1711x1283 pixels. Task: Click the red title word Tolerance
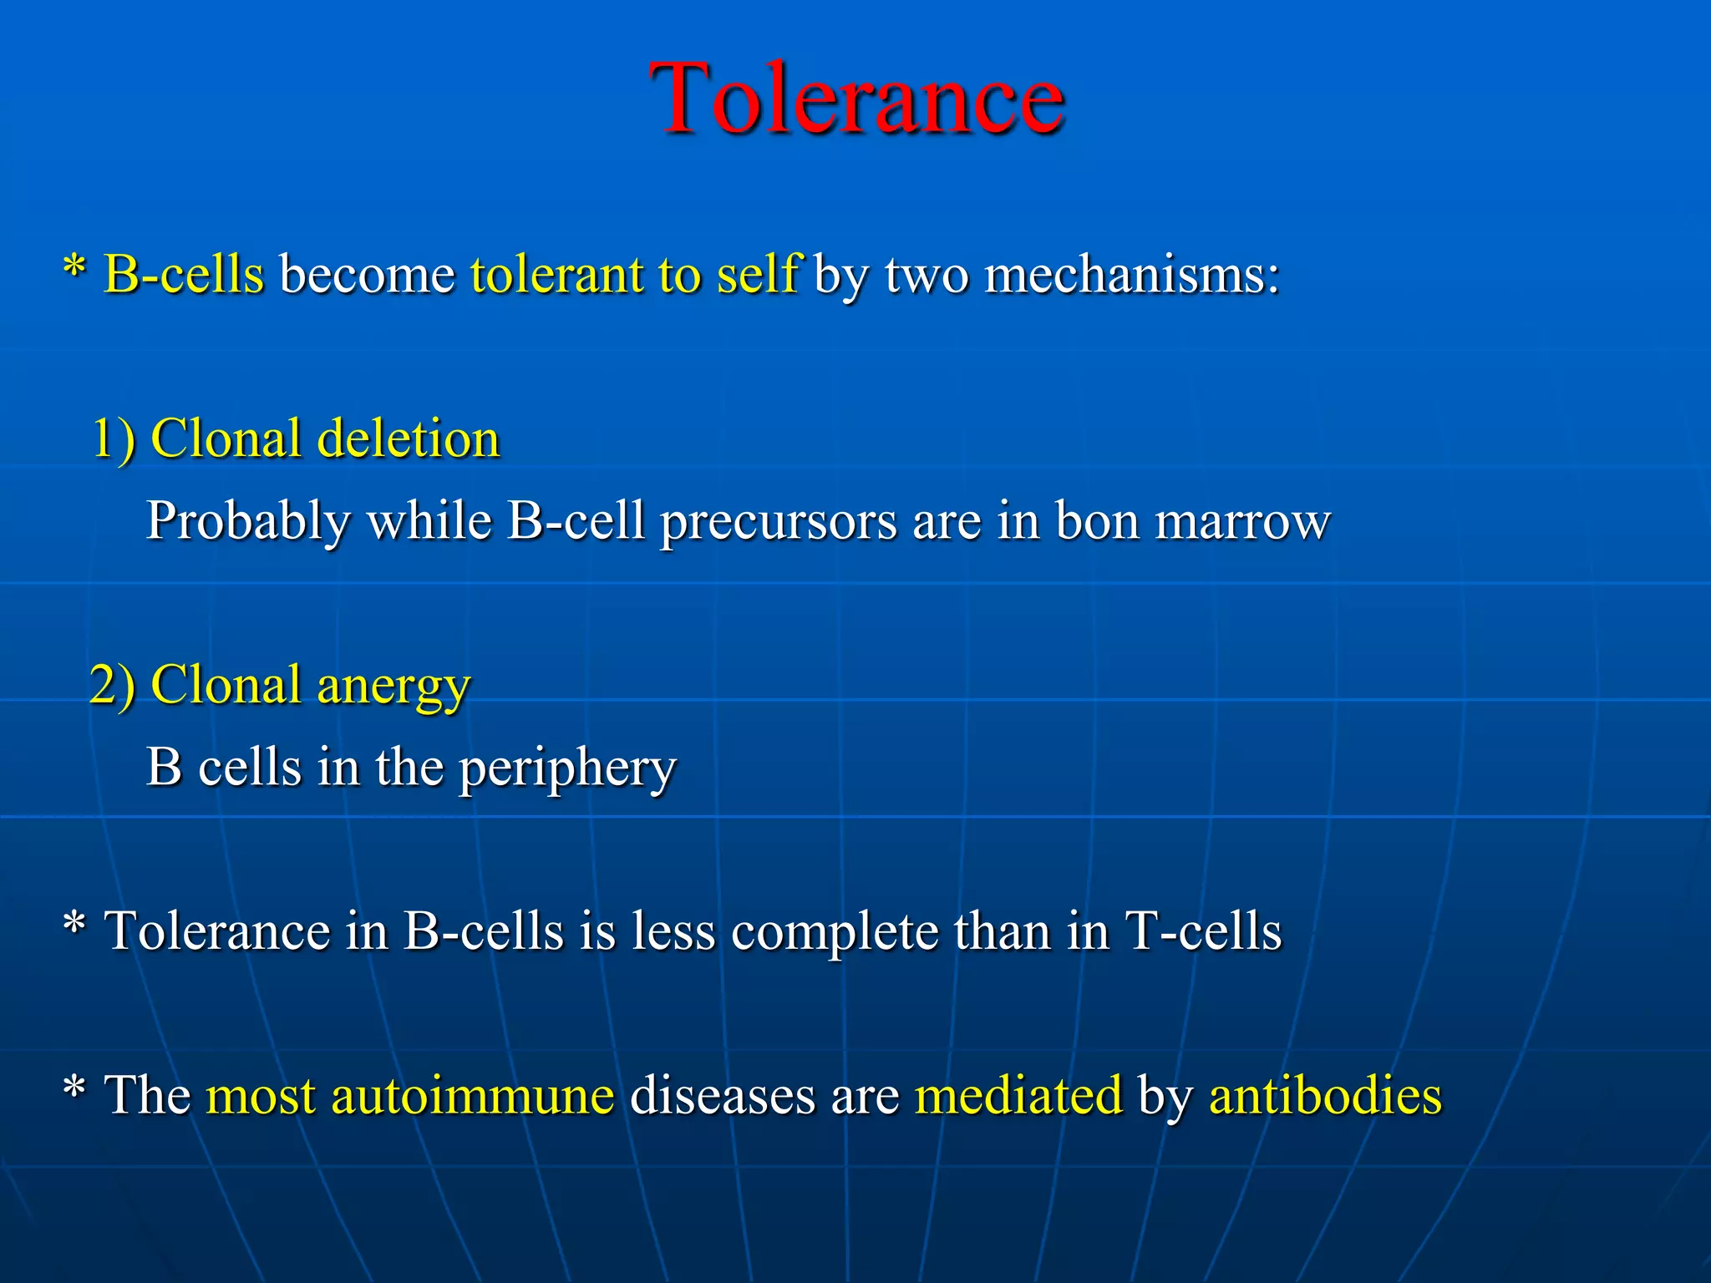[x=856, y=99]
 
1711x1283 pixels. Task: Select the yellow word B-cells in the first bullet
[x=184, y=274]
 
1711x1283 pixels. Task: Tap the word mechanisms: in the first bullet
[x=1132, y=274]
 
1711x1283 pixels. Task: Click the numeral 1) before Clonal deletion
[x=113, y=439]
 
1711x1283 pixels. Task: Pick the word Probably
[x=248, y=522]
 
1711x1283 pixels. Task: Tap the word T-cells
[x=1203, y=931]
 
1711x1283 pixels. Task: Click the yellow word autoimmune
[x=473, y=1095]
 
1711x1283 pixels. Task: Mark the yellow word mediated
[x=1018, y=1095]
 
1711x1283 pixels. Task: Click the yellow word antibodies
[x=1325, y=1095]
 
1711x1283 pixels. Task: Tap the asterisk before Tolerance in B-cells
[x=74, y=927]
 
